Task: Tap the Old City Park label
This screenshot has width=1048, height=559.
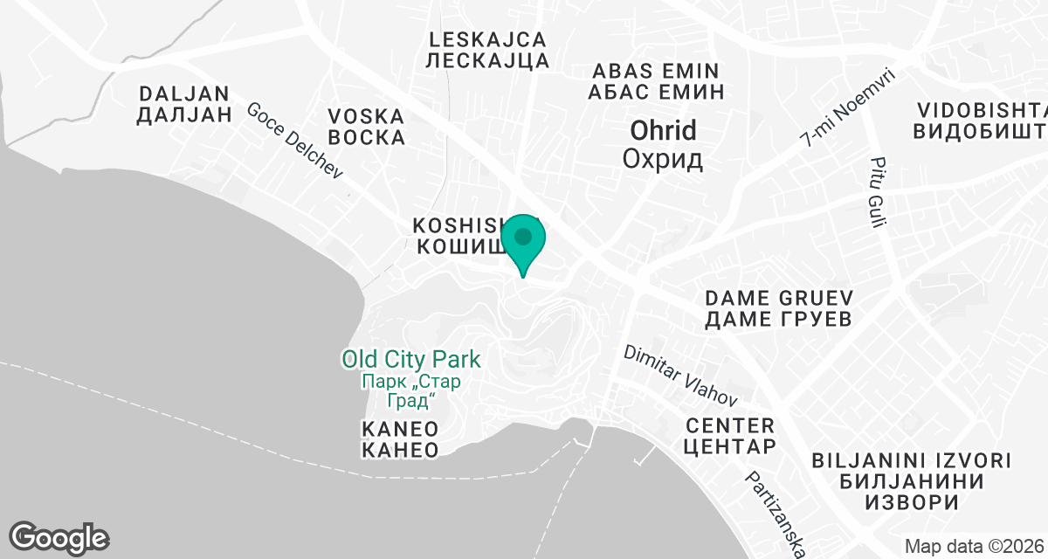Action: [410, 358]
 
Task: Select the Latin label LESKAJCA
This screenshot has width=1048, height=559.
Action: [489, 39]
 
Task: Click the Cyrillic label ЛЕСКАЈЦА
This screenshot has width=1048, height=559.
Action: [489, 60]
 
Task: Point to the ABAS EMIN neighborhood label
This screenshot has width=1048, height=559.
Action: [655, 71]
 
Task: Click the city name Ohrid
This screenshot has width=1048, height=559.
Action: [664, 131]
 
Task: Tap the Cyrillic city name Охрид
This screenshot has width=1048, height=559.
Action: [664, 159]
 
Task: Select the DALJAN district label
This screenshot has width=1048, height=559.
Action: [184, 93]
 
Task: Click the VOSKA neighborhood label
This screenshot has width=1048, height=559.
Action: [366, 116]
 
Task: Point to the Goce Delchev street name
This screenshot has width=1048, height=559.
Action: [294, 141]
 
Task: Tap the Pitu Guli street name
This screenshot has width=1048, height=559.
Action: [877, 192]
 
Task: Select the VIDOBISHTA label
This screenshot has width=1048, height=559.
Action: [981, 111]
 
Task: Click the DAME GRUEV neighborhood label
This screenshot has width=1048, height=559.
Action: [778, 298]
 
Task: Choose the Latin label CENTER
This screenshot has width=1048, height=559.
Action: [730, 426]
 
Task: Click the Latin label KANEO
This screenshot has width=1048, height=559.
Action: [399, 429]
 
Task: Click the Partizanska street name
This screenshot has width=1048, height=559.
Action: [774, 515]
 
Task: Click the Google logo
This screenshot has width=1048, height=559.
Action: [59, 536]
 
